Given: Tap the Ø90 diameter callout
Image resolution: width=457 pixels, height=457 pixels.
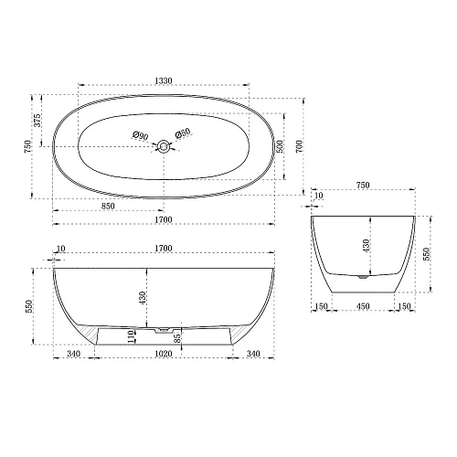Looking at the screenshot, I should tap(140, 135).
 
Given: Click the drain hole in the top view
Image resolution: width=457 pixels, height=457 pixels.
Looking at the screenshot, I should tap(163, 144).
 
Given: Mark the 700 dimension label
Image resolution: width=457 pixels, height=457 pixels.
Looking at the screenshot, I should tap(308, 145).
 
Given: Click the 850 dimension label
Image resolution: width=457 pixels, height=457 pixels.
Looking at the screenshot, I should tap(108, 207).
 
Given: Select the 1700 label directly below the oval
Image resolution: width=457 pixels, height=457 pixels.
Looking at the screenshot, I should tap(164, 220).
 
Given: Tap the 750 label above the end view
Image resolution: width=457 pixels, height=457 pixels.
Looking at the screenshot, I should tap(363, 186).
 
